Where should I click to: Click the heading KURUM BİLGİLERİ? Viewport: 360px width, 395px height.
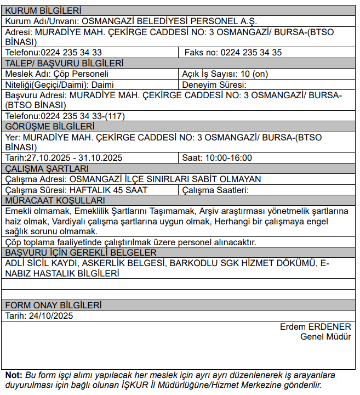[x=43, y=10]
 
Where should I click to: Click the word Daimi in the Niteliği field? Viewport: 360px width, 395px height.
[x=102, y=84]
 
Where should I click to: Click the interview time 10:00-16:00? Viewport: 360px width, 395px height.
[x=228, y=158]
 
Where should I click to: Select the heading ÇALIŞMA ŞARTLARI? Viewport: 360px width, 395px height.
[x=47, y=168]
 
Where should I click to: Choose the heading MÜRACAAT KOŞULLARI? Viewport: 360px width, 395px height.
[x=55, y=200]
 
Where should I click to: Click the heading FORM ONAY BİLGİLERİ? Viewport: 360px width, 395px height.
[x=53, y=305]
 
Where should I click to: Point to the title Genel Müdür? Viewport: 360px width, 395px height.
[x=325, y=336]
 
